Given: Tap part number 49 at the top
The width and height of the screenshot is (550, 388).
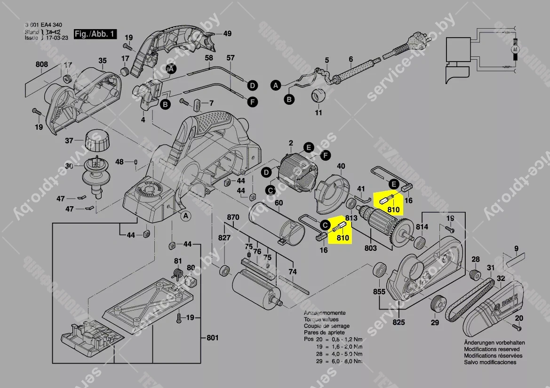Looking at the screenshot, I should point(227,33).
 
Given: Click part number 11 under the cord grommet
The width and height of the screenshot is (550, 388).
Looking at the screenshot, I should point(319,113).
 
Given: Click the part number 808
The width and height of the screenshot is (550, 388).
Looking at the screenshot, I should point(42,64).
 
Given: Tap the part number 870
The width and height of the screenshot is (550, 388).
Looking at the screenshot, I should point(233,217).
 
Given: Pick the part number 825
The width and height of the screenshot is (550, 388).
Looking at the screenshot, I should point(399,322).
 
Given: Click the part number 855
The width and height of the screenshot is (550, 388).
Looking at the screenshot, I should point(379,292).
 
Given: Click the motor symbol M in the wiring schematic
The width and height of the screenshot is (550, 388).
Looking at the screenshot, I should point(515,48).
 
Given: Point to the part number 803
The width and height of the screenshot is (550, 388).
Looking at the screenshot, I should point(371,247).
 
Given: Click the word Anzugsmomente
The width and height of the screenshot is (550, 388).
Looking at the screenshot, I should point(325,313).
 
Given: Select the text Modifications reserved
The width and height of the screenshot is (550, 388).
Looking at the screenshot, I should point(492,349).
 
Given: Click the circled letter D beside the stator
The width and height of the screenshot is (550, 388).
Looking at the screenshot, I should point(266,173).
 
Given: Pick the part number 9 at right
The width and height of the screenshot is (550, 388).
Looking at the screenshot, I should point(516,248).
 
